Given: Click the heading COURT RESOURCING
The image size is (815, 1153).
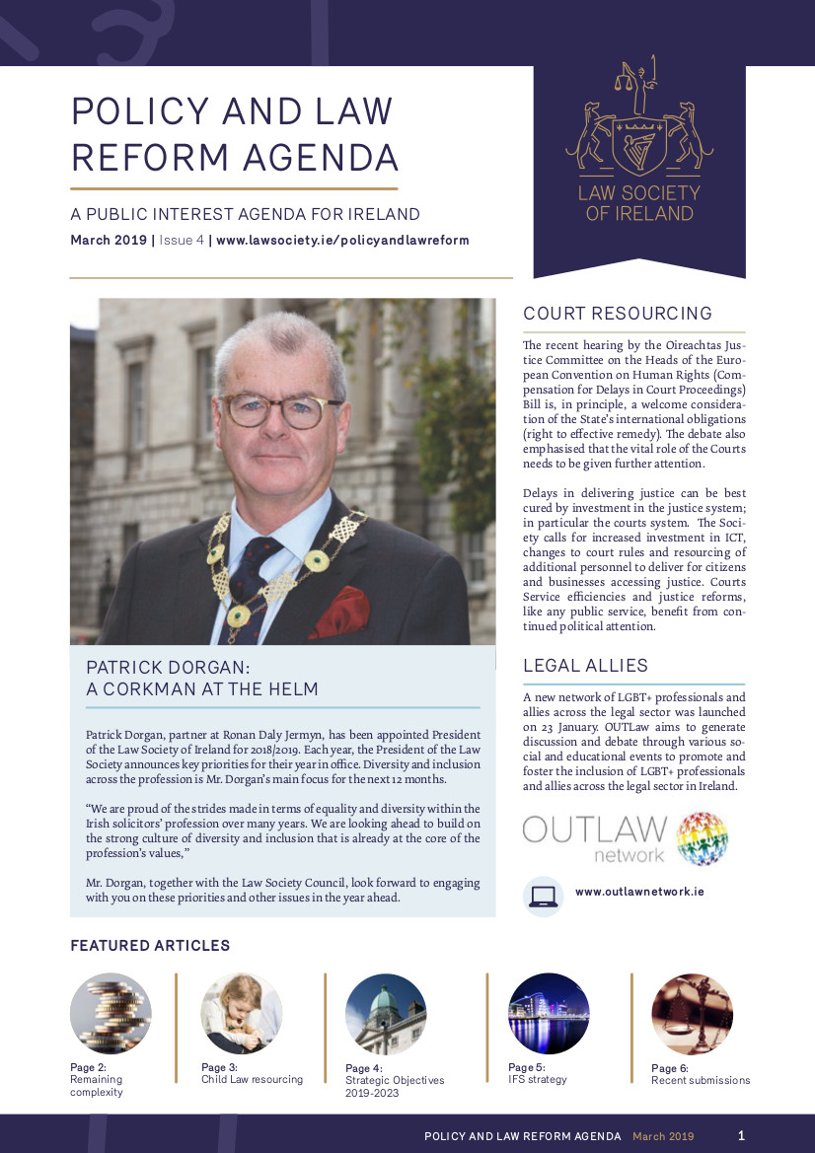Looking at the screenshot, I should (618, 314).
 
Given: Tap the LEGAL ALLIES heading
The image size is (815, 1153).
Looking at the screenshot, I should (585, 666).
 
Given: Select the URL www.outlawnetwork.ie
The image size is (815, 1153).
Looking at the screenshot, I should (639, 892).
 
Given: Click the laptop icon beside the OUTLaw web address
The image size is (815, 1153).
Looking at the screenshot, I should (543, 896).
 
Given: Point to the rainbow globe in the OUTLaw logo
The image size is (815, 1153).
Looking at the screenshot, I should (703, 837).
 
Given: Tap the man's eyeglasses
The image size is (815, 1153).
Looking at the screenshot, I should (280, 409).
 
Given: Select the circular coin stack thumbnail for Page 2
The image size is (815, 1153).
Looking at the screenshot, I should (111, 1013).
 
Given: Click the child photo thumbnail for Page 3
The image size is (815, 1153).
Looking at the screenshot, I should (242, 1013).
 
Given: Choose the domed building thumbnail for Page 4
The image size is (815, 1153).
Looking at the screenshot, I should (386, 1014).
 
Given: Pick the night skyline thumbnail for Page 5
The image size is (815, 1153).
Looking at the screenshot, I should (549, 1014).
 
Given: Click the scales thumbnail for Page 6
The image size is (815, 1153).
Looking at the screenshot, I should (692, 1014).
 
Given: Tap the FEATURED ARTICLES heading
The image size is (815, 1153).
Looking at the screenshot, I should (150, 946).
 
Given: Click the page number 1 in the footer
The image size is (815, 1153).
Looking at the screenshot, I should (742, 1135).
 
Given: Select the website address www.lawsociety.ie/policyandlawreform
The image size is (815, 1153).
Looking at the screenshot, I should (342, 241).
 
